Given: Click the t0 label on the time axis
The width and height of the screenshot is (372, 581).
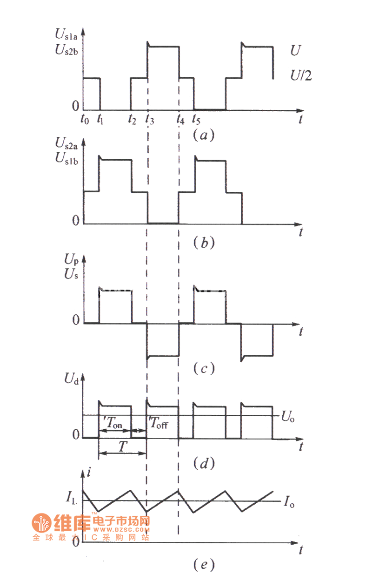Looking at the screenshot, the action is click(84, 120).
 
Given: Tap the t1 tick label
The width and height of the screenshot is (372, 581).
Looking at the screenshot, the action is click(100, 120).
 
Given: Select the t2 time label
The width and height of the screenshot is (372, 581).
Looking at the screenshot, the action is click(133, 120).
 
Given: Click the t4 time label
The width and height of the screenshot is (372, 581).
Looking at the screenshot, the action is click(180, 120).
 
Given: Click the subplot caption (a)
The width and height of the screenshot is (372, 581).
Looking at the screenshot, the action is click(203, 135).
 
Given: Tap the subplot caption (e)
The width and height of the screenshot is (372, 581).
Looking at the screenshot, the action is click(203, 565).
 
